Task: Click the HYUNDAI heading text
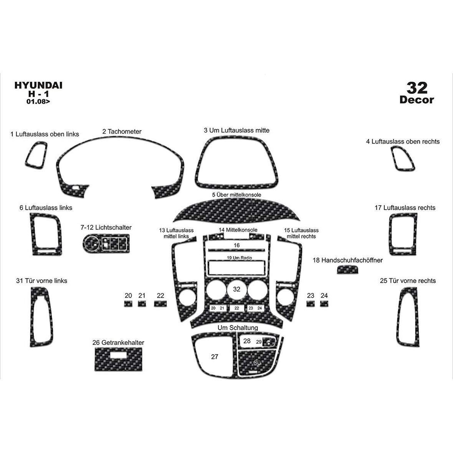click(38, 85)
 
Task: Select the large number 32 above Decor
click(417, 88)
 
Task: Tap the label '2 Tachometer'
click(122, 131)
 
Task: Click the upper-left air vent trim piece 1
click(36, 155)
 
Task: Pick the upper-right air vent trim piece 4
click(403, 158)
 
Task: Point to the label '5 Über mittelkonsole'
click(236, 195)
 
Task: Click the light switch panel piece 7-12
click(106, 243)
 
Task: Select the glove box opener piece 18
click(347, 270)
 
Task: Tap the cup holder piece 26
click(119, 359)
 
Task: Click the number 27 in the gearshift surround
click(215, 357)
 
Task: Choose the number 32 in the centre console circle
click(236, 289)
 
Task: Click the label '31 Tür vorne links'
click(41, 281)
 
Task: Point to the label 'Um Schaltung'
click(238, 327)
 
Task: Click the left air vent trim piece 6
click(46, 234)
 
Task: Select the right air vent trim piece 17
click(403, 234)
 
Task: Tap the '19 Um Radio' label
click(240, 258)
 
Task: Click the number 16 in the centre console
click(236, 245)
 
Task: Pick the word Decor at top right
click(417, 100)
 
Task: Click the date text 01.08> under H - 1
click(38, 101)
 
